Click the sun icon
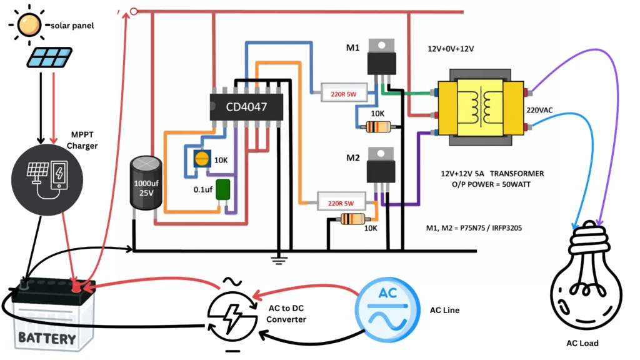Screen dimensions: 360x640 tap(28, 25)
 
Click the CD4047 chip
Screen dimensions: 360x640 tap(246, 108)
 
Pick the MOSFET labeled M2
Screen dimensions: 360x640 tap(381, 167)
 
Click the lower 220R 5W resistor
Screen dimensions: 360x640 tap(341, 202)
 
